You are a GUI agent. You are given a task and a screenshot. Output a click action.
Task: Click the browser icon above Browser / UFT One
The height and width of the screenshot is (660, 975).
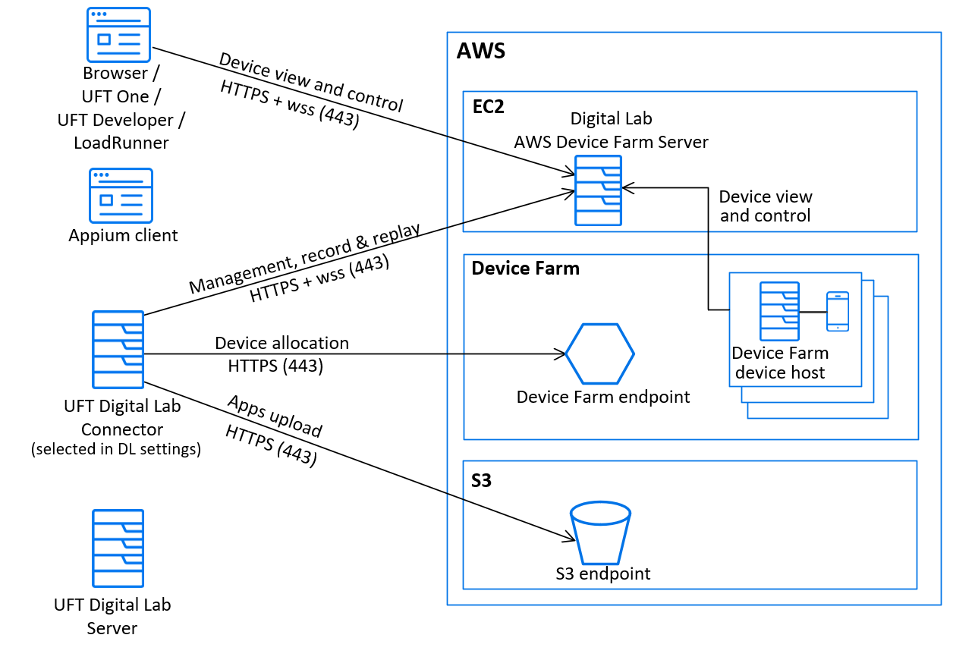click(119, 34)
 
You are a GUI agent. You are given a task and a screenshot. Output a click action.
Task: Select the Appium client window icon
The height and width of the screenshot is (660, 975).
click(121, 196)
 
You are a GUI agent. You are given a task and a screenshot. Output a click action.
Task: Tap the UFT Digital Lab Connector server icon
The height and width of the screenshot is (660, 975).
click(118, 350)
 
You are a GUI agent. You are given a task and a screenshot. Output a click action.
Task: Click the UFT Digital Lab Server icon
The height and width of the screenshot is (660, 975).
click(118, 548)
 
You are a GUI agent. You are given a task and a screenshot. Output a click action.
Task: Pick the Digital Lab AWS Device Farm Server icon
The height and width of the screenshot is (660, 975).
click(598, 190)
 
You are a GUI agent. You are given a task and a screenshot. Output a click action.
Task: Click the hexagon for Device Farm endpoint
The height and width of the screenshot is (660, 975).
click(599, 354)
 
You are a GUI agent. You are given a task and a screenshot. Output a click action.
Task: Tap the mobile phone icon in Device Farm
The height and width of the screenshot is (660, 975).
click(837, 311)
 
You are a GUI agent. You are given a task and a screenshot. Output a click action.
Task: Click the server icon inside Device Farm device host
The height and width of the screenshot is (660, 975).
click(779, 311)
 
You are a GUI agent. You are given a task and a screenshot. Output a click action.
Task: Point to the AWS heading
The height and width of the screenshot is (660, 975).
click(480, 52)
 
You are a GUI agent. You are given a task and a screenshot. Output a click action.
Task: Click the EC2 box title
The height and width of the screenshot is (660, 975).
click(487, 106)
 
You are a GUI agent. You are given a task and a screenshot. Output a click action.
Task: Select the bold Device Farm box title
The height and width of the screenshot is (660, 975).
click(525, 269)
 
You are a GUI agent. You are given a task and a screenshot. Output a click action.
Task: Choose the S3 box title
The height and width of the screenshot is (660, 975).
click(482, 480)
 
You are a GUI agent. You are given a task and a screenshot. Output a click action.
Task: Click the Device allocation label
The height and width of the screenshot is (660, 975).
click(281, 343)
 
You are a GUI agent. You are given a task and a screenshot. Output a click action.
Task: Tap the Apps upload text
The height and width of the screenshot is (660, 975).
click(275, 416)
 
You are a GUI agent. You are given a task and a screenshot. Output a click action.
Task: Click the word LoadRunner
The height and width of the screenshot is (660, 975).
click(121, 143)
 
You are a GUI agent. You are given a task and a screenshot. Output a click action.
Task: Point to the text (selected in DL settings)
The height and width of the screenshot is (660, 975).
click(116, 449)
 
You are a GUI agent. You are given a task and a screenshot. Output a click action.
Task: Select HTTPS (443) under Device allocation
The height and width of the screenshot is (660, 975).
click(275, 366)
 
